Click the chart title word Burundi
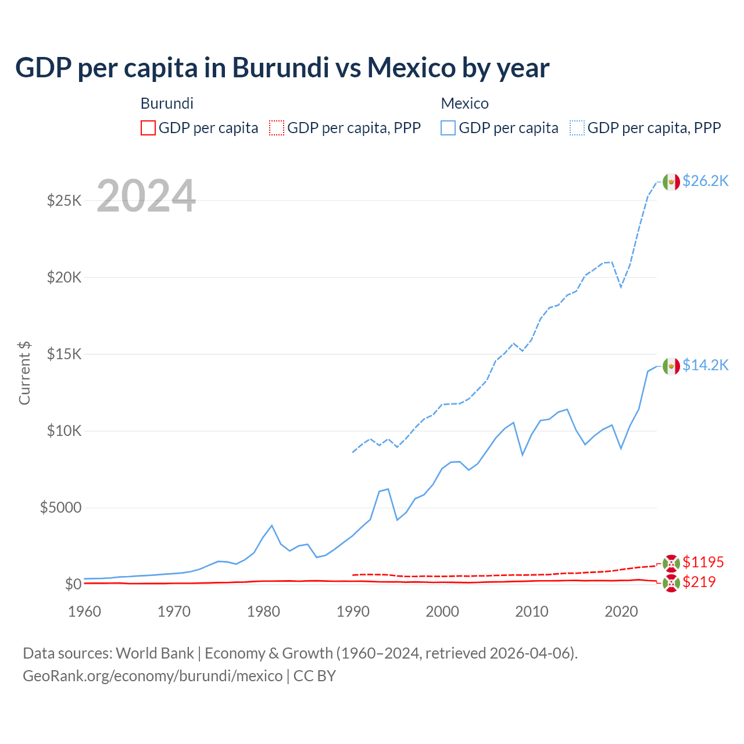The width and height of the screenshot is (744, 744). [x=281, y=67]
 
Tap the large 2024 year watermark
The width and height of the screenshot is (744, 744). [x=146, y=196]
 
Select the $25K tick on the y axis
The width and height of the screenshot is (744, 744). [x=64, y=201]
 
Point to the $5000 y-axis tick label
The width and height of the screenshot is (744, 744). [x=60, y=507]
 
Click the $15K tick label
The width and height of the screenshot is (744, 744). [x=64, y=354]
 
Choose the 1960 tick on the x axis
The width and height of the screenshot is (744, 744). [x=84, y=611]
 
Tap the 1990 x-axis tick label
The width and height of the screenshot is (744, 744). [x=353, y=611]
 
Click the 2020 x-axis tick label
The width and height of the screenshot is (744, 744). [x=621, y=611]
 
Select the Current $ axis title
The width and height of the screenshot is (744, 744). [x=24, y=373]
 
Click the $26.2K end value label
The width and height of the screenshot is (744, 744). [x=705, y=181]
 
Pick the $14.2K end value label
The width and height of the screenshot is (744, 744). [x=705, y=365]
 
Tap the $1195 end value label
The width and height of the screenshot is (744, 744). [x=703, y=562]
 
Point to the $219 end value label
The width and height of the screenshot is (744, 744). [x=699, y=582]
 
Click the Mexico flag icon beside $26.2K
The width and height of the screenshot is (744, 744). [x=671, y=182]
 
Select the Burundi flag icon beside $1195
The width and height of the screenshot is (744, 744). [x=671, y=563]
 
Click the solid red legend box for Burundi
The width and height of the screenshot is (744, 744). [x=148, y=128]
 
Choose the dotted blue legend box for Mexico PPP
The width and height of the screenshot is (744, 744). [x=577, y=128]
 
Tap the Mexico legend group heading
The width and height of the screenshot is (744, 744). [x=464, y=103]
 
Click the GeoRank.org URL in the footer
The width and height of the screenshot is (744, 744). [x=152, y=676]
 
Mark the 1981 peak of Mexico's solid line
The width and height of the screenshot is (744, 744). [x=272, y=525]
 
